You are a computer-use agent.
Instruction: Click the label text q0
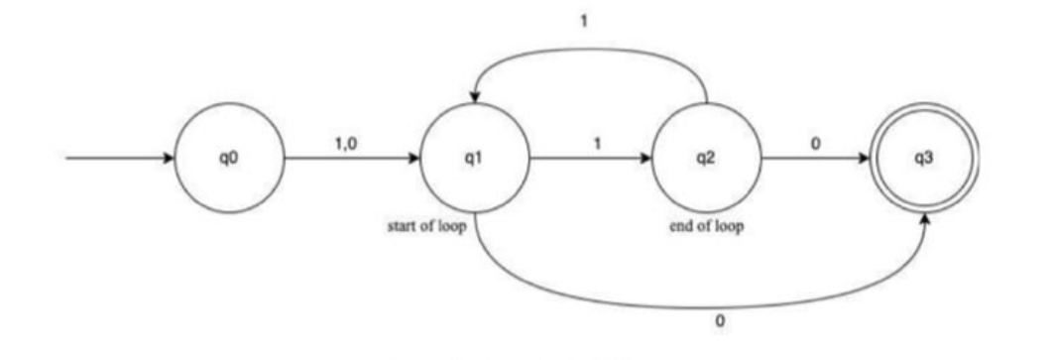(229, 160)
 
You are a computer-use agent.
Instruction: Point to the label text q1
(475, 160)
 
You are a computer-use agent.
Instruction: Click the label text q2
(706, 160)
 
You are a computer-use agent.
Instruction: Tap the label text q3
(927, 160)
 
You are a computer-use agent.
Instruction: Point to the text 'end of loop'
(707, 226)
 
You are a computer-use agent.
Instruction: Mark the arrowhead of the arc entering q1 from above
(475, 97)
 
